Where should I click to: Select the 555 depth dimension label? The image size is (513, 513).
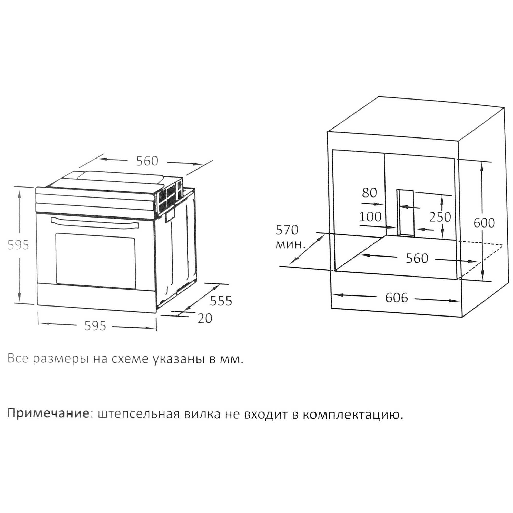221,301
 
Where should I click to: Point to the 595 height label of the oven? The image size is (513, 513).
18,245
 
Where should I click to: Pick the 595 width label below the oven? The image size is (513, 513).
95,326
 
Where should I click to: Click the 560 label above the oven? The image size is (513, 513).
147,161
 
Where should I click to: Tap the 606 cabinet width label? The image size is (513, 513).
397,298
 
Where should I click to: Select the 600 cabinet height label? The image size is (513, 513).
484,223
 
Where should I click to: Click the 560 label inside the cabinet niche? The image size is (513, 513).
417,258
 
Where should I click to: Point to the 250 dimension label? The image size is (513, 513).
440,217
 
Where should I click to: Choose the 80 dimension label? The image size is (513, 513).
369,193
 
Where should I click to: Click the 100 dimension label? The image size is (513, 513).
370,217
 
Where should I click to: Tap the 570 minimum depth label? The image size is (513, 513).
287,230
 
